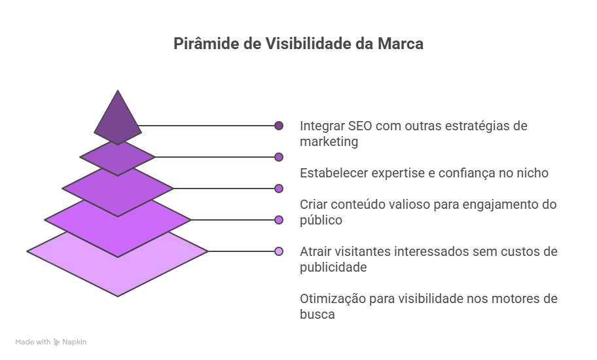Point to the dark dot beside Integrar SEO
click(279, 126)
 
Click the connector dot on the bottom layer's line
click(279, 251)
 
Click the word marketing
click(329, 141)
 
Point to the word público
click(321, 221)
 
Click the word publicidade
click(333, 267)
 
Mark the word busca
click(317, 314)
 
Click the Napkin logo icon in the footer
click(56, 342)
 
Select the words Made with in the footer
click(33, 342)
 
